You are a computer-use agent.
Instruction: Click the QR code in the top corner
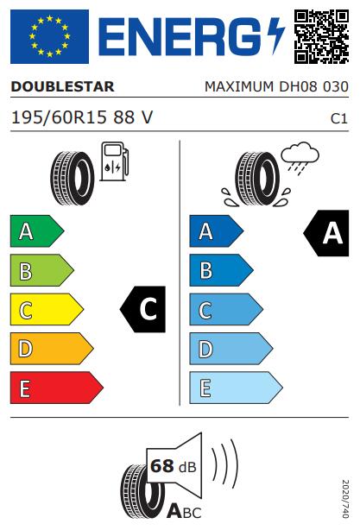[x=321, y=36]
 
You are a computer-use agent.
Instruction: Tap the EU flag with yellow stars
[x=50, y=36]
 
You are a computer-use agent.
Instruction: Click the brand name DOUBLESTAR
[x=62, y=86]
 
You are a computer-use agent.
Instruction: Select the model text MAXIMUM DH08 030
[x=276, y=86]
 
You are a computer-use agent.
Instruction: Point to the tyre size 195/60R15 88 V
[x=82, y=117]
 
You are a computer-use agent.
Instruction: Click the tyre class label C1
[x=339, y=118]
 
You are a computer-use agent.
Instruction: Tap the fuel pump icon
[x=114, y=161]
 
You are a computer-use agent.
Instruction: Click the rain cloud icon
[x=300, y=158]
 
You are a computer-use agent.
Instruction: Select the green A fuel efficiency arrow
[x=37, y=231]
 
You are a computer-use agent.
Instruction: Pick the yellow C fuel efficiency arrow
[x=47, y=309]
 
